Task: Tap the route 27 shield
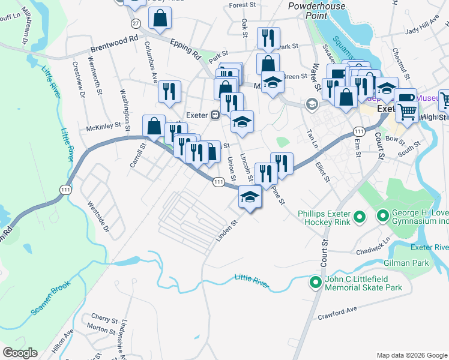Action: pos(136,23)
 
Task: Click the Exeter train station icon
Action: pos(214,115)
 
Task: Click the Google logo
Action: pos(20,352)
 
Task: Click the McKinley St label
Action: pos(103,127)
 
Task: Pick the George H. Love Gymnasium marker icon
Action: pos(383,215)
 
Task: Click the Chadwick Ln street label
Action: pos(372,245)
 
